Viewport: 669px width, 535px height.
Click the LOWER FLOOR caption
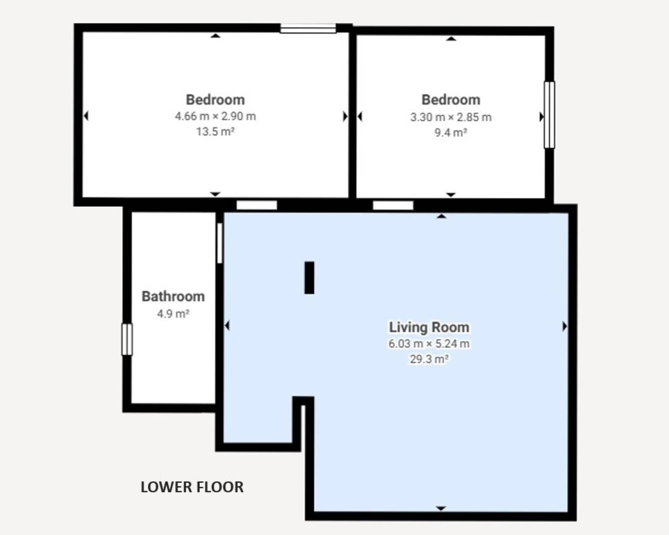[x=192, y=487]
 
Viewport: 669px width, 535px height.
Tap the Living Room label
[x=429, y=328]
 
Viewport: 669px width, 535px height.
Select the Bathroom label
[x=173, y=296]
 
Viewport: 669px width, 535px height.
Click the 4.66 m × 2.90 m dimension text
[x=215, y=117]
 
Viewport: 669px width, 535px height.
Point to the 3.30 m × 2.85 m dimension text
[x=451, y=117]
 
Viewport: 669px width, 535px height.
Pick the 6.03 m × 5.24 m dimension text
[x=429, y=344]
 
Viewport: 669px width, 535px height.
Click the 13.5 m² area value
[x=215, y=132]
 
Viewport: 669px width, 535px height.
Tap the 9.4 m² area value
[x=451, y=133]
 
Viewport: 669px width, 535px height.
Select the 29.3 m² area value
[x=429, y=359]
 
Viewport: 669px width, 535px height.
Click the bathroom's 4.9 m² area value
[x=173, y=313]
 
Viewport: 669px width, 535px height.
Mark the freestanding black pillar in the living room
[x=309, y=277]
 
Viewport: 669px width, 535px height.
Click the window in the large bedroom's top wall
[x=308, y=29]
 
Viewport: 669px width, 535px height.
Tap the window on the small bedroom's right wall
[x=549, y=115]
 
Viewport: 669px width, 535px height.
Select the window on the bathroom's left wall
[x=127, y=339]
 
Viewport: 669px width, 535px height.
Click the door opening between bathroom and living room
[x=220, y=243]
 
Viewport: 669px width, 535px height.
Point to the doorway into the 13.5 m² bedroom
[x=257, y=205]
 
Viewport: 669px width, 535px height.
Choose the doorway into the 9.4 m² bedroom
[x=393, y=205]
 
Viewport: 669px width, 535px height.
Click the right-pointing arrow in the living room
[x=565, y=327]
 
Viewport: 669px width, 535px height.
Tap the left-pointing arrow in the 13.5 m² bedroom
[x=86, y=116]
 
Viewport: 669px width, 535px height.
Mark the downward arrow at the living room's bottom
[x=441, y=508]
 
